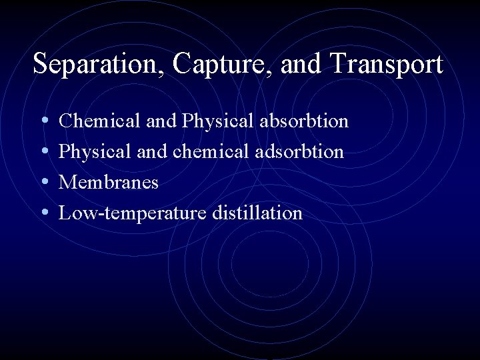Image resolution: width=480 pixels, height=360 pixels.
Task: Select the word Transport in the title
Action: tap(386, 65)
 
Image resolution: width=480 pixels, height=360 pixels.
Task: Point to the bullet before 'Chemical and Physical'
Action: tap(44, 121)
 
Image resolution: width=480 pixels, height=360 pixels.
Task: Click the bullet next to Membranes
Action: tap(44, 183)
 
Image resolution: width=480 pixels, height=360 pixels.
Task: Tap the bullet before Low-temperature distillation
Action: tap(44, 213)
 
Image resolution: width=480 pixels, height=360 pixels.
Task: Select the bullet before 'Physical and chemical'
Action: tap(44, 152)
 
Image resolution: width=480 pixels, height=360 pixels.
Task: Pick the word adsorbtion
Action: tap(299, 152)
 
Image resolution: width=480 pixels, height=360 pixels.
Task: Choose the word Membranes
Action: tap(109, 183)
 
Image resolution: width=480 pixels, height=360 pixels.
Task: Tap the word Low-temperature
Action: tap(133, 213)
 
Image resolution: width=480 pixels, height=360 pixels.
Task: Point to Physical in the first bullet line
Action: tap(218, 121)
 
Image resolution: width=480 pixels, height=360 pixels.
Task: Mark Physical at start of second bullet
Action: tap(95, 152)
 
